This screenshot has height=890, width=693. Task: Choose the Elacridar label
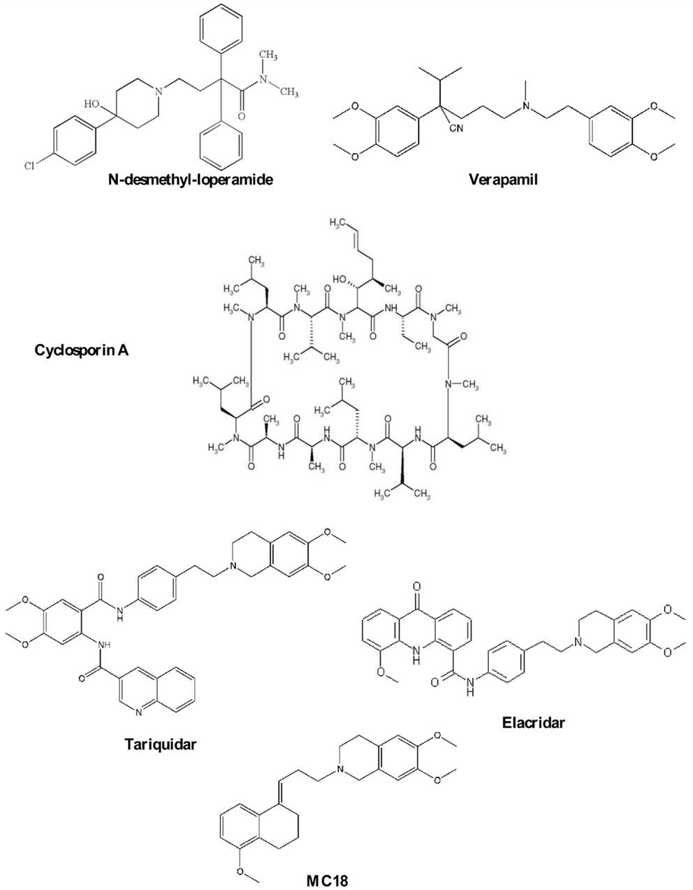pyautogui.click(x=533, y=722)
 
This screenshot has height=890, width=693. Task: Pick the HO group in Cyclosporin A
pyautogui.click(x=341, y=279)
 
